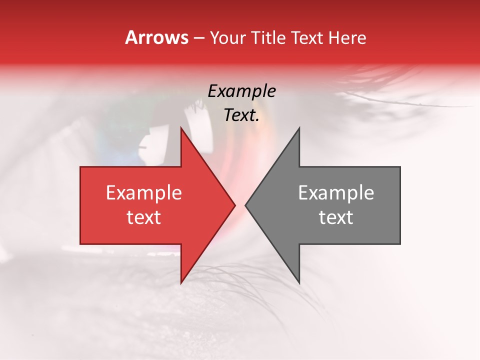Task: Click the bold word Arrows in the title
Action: coord(156,37)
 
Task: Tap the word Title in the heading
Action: coord(268,37)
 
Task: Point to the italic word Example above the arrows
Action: coord(241,91)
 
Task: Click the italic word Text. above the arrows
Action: coord(241,115)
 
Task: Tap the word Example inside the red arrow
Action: coord(143,193)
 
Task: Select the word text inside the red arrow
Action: coord(143,217)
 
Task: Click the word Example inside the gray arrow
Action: coord(336,193)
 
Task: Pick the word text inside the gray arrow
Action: coord(336,217)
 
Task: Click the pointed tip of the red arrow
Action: coord(234,205)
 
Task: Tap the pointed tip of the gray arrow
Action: coord(245,205)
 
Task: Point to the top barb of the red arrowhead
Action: coord(181,128)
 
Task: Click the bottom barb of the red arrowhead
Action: coord(181,282)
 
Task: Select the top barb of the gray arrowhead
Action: coord(299,128)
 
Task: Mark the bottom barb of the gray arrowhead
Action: coord(299,282)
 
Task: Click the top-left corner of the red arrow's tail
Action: coord(80,167)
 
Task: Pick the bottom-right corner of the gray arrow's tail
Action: coord(400,243)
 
